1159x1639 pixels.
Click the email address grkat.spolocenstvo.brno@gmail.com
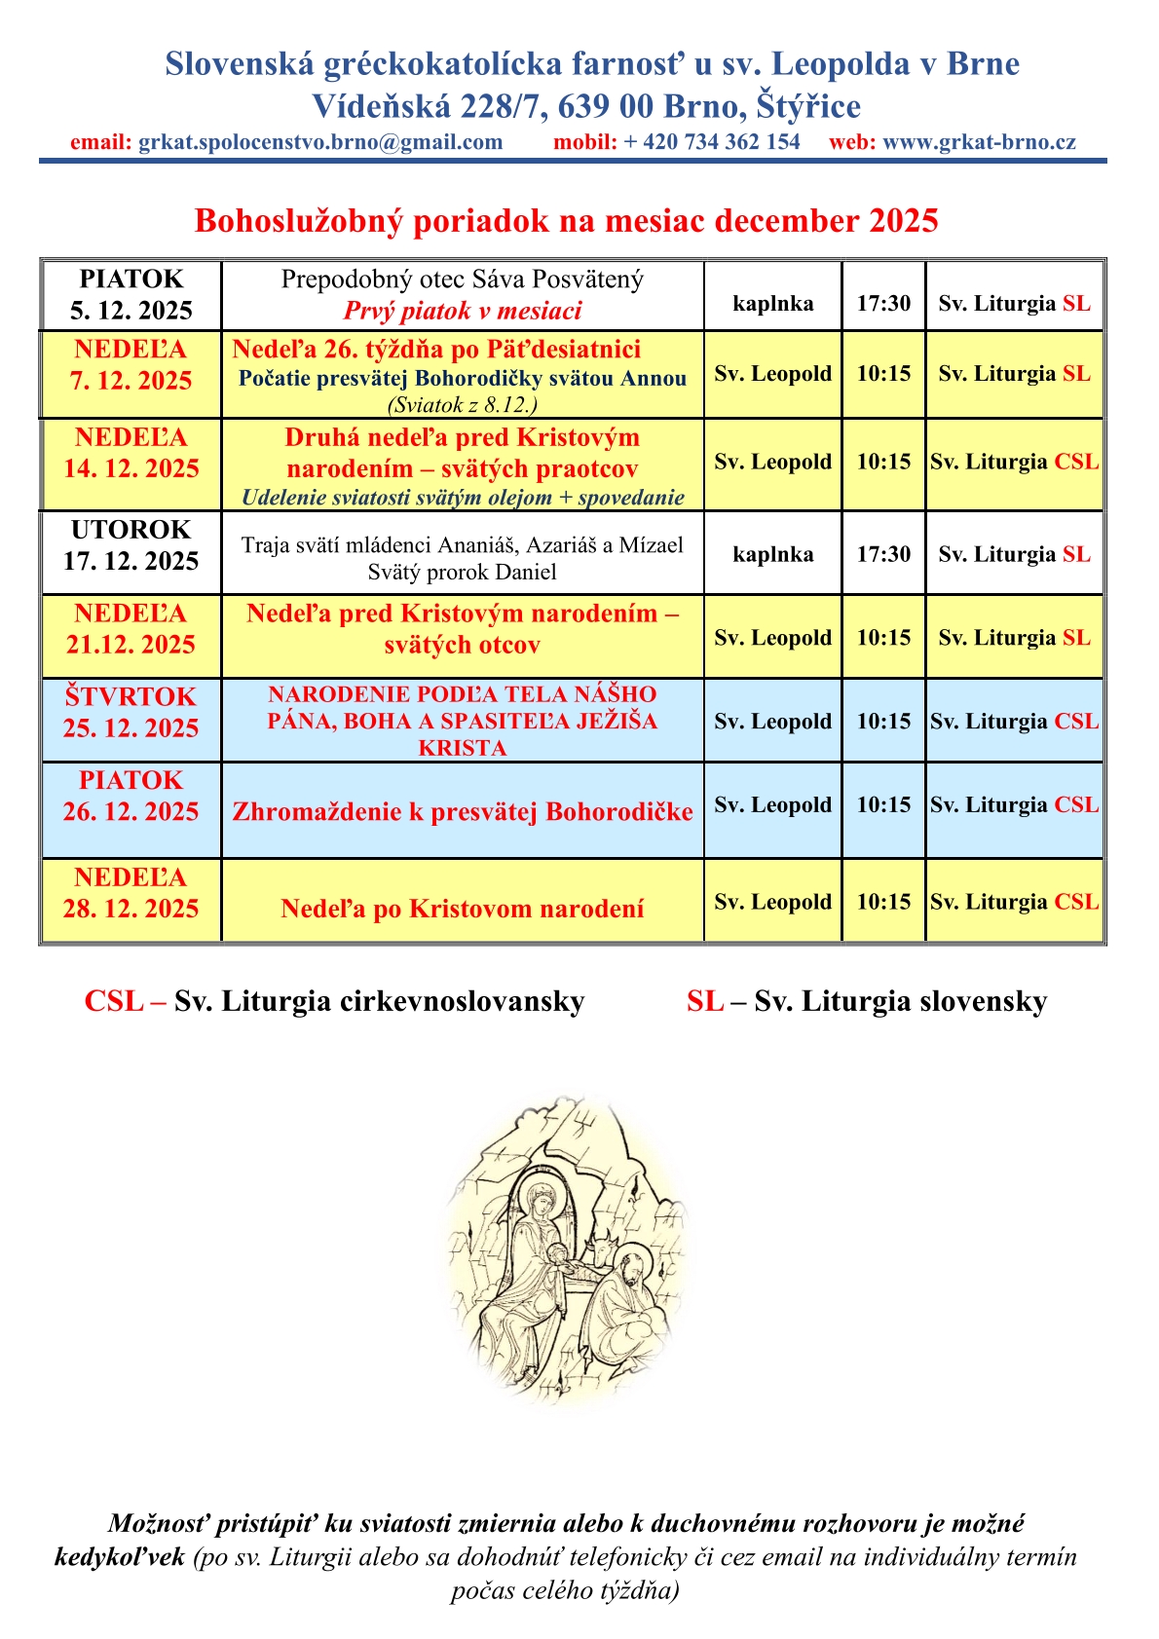[320, 142]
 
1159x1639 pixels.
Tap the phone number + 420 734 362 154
[712, 142]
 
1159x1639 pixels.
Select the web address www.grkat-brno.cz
[979, 142]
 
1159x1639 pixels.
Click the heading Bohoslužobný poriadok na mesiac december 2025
[566, 221]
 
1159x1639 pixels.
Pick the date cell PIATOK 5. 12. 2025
[131, 295]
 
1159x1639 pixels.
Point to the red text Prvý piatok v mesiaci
[463, 311]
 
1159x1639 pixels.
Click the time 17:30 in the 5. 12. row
[883, 304]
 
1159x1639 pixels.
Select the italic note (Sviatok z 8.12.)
[463, 404]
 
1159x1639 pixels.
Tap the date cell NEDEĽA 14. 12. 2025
[131, 453]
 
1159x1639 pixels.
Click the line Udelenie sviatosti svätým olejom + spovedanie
[463, 498]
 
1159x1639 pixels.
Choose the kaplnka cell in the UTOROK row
[772, 554]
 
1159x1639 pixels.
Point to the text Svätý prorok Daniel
[463, 573]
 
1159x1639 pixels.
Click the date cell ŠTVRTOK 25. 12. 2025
[131, 713]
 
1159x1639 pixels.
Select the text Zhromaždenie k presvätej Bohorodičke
[463, 812]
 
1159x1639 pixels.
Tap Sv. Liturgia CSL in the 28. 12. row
[1014, 902]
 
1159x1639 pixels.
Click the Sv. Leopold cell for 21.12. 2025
[772, 638]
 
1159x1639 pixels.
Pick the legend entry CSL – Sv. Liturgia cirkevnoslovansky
[334, 1001]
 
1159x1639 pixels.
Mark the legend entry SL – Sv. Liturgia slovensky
[866, 1001]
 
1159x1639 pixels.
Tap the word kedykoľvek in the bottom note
[119, 1556]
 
